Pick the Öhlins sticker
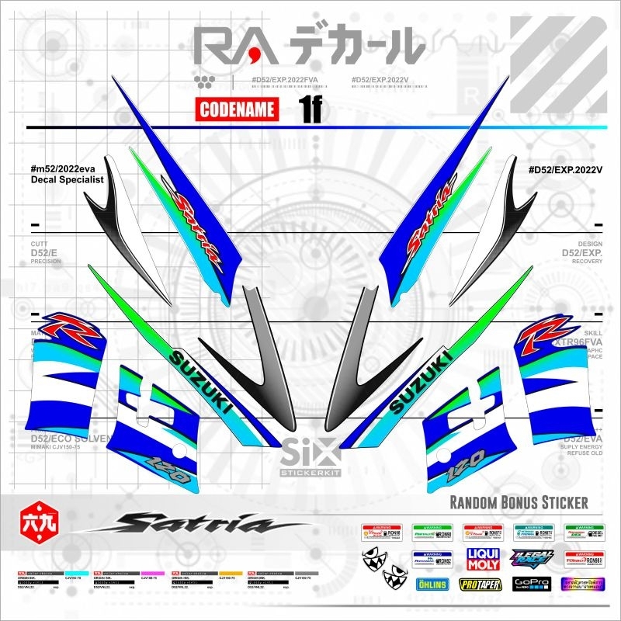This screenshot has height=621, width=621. tap(432, 584)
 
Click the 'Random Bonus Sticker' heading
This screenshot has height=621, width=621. tap(519, 503)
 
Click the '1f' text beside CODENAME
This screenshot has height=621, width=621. tap(310, 110)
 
